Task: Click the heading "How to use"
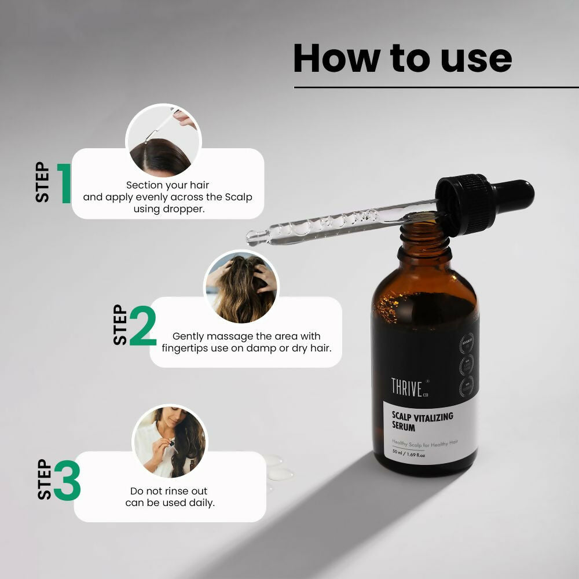point(402,58)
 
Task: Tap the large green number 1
point(64,184)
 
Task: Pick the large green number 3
point(67,481)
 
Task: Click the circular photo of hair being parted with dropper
point(163,141)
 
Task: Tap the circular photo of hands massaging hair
point(241,287)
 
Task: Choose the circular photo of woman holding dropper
point(170,441)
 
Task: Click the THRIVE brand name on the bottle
point(406,387)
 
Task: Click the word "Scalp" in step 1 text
point(239,197)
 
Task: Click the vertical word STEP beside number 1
point(42,182)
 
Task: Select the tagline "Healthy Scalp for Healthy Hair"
point(424,442)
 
